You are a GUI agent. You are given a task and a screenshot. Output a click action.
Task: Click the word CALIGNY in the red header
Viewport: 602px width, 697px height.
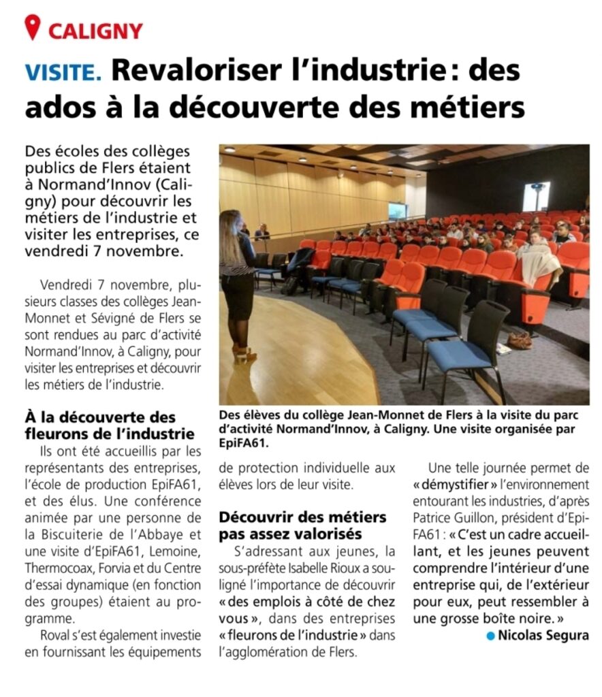[95, 30]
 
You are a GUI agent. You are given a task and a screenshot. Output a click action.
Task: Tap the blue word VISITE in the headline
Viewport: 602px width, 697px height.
[63, 71]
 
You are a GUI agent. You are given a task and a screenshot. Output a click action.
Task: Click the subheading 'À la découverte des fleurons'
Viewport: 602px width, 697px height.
[109, 425]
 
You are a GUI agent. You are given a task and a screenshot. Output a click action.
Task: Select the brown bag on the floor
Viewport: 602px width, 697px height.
[519, 340]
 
